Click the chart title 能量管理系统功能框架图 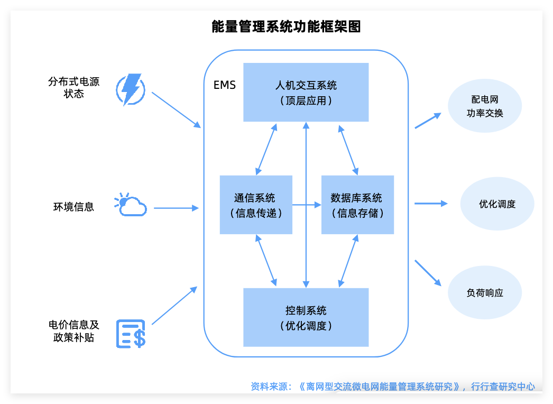pyautogui.click(x=285, y=26)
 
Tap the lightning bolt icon pyautogui.click(x=130, y=89)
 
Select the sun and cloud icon pyautogui.click(x=130, y=205)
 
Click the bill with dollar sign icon pyautogui.click(x=131, y=334)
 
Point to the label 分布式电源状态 pyautogui.click(x=73, y=88)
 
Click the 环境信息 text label pyautogui.click(x=73, y=207)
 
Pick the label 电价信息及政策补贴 pyautogui.click(x=73, y=330)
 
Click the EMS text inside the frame pyautogui.click(x=225, y=85)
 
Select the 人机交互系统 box pyautogui.click(x=306, y=92)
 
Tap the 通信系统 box pyautogui.click(x=256, y=205)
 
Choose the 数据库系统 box pyautogui.click(x=357, y=205)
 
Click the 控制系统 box pyautogui.click(x=306, y=317)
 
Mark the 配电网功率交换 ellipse pyautogui.click(x=484, y=106)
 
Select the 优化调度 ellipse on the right pyautogui.click(x=497, y=204)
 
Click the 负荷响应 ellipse pyautogui.click(x=484, y=292)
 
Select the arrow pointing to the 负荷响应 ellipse pyautogui.click(x=428, y=273)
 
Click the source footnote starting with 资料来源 pyautogui.click(x=392, y=387)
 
